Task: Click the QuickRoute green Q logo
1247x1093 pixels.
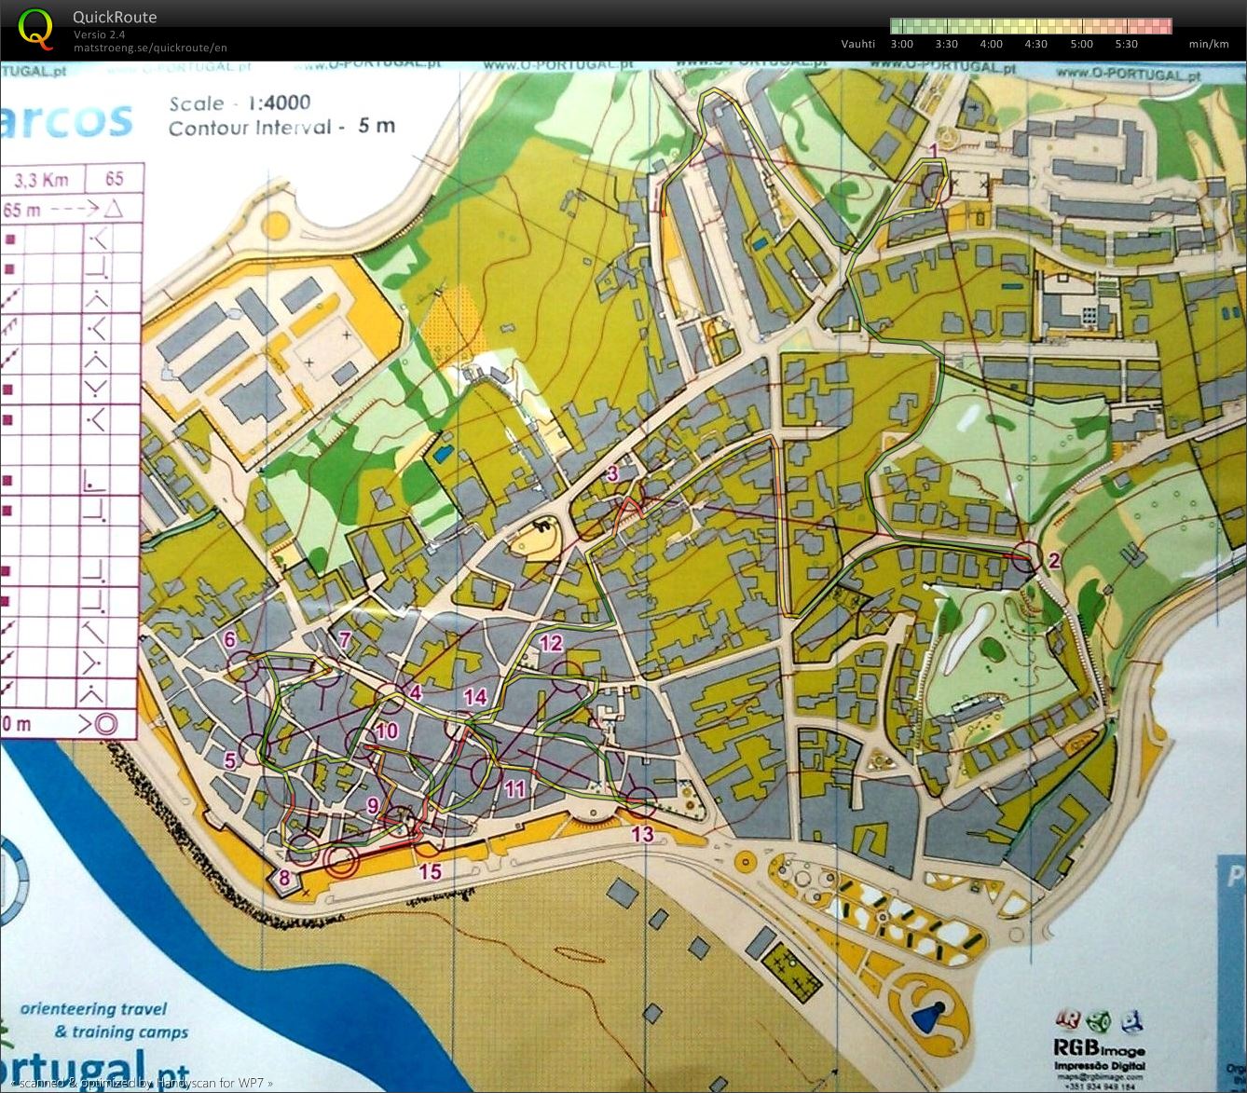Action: click(x=35, y=28)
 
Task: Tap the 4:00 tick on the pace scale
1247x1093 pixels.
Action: click(x=991, y=44)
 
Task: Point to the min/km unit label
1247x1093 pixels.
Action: click(x=1208, y=44)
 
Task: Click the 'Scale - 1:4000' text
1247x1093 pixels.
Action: click(x=240, y=103)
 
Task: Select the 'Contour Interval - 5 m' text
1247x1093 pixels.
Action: click(x=281, y=127)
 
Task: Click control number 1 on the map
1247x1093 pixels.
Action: click(x=933, y=149)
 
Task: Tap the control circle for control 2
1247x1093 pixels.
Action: click(x=1026, y=557)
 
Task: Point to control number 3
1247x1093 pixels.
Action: click(x=612, y=473)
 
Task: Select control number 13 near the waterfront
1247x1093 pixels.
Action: click(x=642, y=833)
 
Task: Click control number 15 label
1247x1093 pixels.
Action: click(x=430, y=871)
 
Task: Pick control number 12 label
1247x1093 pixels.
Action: click(x=552, y=642)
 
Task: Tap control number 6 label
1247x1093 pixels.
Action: click(x=230, y=639)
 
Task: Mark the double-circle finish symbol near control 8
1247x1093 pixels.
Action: click(x=341, y=861)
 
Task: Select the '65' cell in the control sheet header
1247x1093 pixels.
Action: click(x=114, y=178)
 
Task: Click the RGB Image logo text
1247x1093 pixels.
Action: click(x=1099, y=1049)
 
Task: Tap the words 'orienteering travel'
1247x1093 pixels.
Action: click(x=93, y=1008)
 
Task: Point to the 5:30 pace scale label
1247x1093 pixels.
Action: click(x=1126, y=44)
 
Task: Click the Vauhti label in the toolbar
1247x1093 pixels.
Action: click(x=857, y=44)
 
